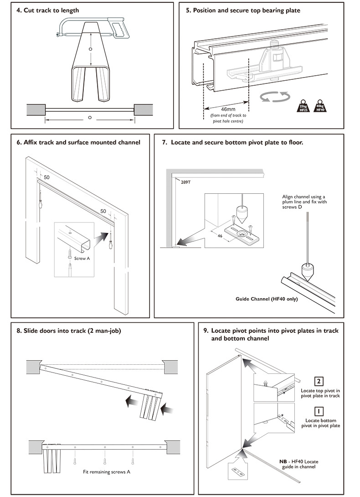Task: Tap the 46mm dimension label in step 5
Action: point(228,109)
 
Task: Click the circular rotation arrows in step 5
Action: point(275,97)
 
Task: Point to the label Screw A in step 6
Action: point(82,259)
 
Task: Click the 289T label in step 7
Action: point(185,182)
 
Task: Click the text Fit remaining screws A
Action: point(107,471)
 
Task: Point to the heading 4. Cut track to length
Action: point(48,10)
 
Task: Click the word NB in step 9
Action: point(283,461)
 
